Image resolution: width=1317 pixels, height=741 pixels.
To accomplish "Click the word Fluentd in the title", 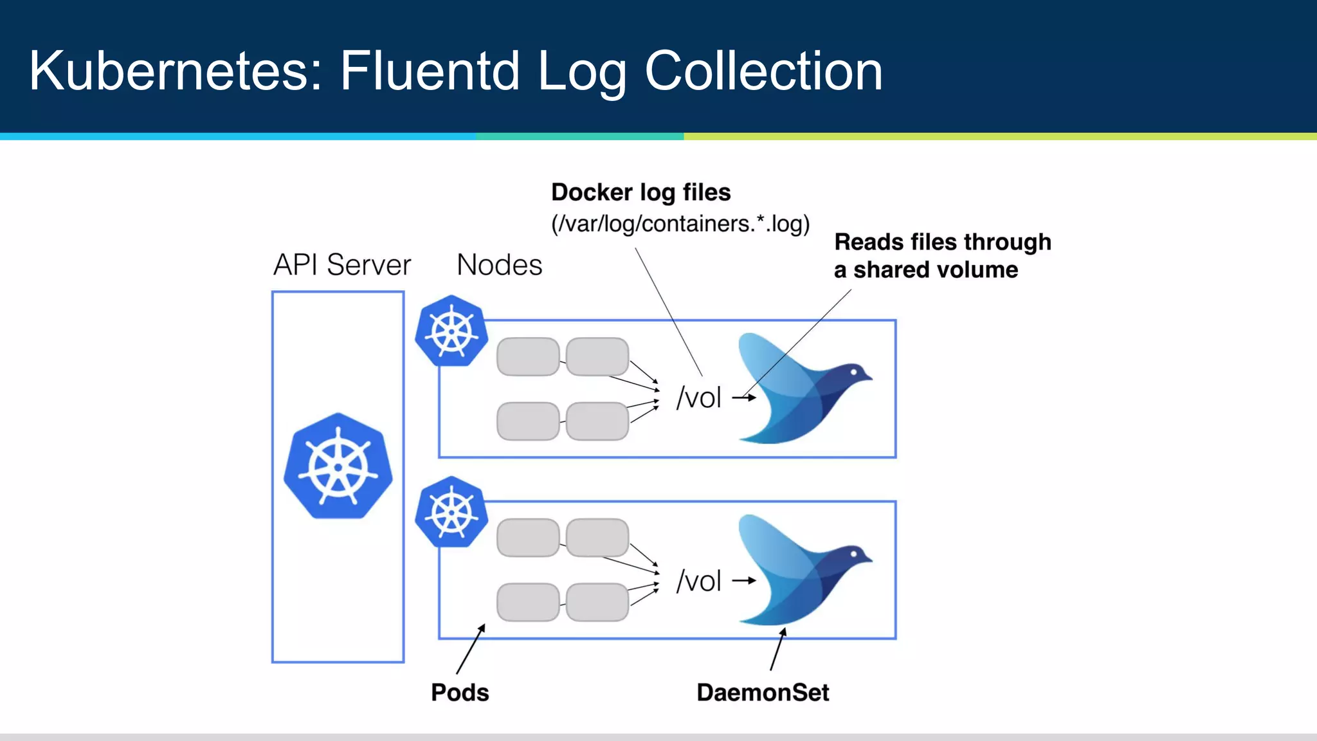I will click(429, 71).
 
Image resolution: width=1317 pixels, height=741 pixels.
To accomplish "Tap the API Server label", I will click(341, 265).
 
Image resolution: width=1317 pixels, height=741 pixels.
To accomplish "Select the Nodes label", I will click(499, 265).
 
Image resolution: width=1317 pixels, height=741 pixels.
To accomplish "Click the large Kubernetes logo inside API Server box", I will click(338, 466).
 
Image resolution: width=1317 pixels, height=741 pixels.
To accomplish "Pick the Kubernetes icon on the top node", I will click(451, 331).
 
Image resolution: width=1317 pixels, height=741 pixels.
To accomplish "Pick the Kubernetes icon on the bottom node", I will click(451, 512).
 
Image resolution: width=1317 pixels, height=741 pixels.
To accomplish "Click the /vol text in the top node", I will click(699, 398).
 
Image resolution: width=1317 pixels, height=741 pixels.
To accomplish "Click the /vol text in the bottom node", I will click(699, 581).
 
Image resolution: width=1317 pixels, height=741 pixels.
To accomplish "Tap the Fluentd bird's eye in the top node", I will click(854, 372).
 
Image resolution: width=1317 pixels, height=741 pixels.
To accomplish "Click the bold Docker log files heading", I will click(640, 192).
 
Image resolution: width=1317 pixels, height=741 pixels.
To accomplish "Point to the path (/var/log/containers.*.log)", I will click(680, 224).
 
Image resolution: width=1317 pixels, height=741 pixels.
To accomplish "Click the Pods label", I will click(460, 693).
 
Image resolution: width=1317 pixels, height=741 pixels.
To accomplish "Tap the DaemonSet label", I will click(763, 693).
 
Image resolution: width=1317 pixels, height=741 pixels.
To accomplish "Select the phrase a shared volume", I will click(926, 270).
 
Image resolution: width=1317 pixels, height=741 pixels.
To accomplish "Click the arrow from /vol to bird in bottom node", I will click(744, 580).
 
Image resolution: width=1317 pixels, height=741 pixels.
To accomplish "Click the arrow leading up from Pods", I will click(471, 648).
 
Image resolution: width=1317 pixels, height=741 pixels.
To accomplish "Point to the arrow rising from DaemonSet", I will click(777, 650).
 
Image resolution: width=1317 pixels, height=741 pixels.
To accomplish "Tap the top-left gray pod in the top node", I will click(528, 356).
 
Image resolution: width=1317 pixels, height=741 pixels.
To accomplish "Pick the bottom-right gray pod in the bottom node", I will click(597, 602).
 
